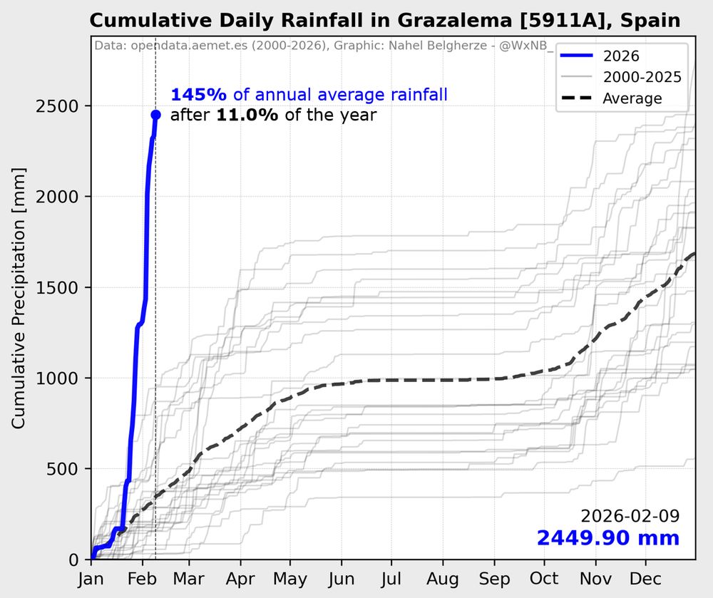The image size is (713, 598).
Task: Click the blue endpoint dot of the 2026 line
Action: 155,115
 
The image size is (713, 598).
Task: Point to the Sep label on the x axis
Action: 495,578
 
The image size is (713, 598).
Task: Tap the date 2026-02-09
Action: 630,516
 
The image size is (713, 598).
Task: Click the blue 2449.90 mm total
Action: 607,538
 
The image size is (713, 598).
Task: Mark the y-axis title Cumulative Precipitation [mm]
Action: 19,299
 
